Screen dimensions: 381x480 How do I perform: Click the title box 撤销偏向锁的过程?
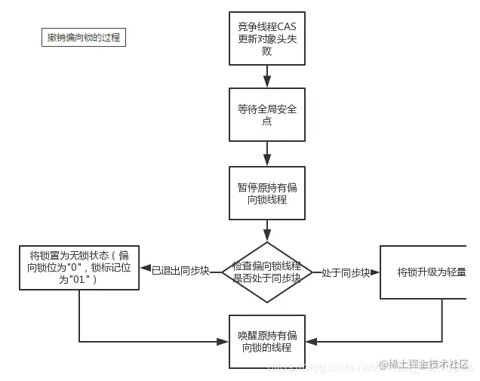83,38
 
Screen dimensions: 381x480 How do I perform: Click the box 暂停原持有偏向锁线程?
267,192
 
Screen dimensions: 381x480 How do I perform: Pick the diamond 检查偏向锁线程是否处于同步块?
267,272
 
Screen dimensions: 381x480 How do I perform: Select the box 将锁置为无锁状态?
79,268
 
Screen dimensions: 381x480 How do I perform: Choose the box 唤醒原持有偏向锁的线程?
267,341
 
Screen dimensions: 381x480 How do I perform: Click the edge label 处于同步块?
346,272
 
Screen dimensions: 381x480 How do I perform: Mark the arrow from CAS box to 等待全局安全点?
267,76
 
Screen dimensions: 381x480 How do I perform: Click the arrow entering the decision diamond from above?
267,231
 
